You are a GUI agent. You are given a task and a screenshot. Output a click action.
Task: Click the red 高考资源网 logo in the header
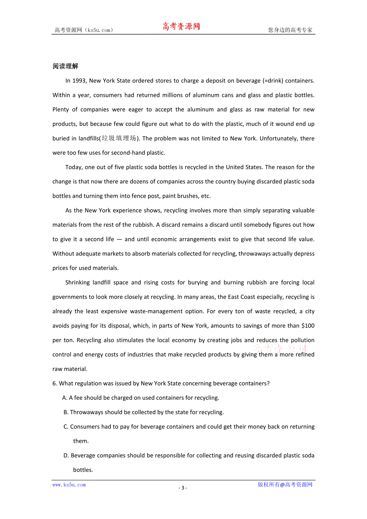point(181,27)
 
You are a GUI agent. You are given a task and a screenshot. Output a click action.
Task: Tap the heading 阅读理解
point(65,66)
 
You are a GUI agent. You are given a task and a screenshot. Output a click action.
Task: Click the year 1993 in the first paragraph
point(79,81)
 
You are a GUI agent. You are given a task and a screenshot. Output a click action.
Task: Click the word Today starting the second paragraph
point(74,167)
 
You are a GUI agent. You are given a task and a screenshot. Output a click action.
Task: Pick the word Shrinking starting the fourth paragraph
point(78,282)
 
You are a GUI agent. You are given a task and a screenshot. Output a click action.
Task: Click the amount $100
point(308,326)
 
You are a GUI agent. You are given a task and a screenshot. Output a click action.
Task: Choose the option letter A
point(65,397)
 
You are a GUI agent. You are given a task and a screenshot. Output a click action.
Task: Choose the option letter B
point(66,412)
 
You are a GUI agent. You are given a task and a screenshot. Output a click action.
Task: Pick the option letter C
point(66,427)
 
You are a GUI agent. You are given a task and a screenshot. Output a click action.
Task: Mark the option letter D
point(66,455)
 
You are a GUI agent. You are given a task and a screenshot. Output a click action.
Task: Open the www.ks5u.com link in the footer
point(69,485)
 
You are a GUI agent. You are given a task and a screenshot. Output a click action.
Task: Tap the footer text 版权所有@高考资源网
point(285,485)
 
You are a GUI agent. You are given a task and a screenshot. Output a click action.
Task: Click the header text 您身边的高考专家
point(290,30)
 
